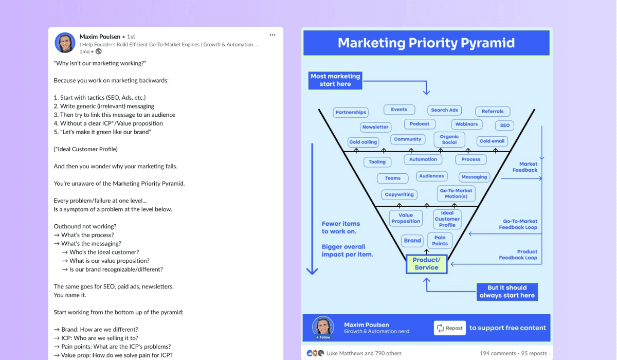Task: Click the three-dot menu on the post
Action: tap(273, 35)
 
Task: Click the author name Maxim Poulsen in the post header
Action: tap(100, 37)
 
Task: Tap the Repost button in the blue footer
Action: tap(450, 328)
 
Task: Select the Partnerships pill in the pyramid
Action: tap(351, 113)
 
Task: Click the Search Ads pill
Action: tap(444, 110)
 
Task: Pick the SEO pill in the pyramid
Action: tap(504, 125)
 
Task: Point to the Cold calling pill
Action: tap(363, 142)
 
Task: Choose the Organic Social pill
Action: tap(449, 139)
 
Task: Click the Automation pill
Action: tap(423, 159)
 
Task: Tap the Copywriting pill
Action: tap(399, 194)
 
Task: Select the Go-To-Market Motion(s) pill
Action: tap(456, 193)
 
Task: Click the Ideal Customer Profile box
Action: tap(447, 219)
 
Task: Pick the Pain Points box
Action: tap(440, 241)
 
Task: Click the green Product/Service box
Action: tap(426, 264)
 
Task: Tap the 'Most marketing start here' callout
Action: tap(335, 80)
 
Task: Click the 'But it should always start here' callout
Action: tap(507, 292)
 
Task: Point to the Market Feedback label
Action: tap(525, 167)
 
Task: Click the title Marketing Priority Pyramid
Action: tap(426, 43)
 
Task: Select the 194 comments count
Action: tap(498, 353)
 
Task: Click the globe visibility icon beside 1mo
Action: tap(98, 51)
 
